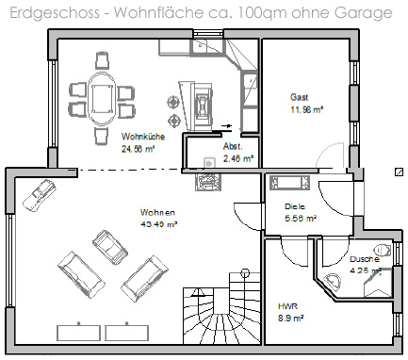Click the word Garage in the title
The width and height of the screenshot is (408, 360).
[363, 13]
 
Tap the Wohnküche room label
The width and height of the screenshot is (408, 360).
[143, 137]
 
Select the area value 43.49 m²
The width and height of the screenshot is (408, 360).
[158, 224]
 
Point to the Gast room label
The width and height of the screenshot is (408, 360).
[299, 97]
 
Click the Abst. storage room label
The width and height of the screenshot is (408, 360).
[233, 146]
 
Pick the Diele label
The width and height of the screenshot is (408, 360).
[295, 206]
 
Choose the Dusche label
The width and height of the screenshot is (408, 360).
[365, 259]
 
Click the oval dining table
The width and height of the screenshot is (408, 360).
[102, 99]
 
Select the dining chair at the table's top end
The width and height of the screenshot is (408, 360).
[102, 60]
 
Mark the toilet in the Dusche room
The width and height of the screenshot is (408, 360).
[384, 250]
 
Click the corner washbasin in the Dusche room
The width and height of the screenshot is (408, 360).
[333, 281]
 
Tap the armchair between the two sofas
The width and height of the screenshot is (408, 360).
[110, 247]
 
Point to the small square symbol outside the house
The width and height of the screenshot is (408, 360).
[399, 172]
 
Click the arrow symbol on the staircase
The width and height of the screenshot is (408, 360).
[198, 293]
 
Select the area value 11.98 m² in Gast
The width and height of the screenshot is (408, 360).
[307, 110]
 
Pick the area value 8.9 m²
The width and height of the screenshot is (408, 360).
[290, 319]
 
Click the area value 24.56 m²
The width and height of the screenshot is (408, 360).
[139, 149]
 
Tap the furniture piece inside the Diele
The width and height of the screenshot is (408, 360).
[289, 183]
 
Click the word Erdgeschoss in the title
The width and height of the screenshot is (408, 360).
[56, 13]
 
